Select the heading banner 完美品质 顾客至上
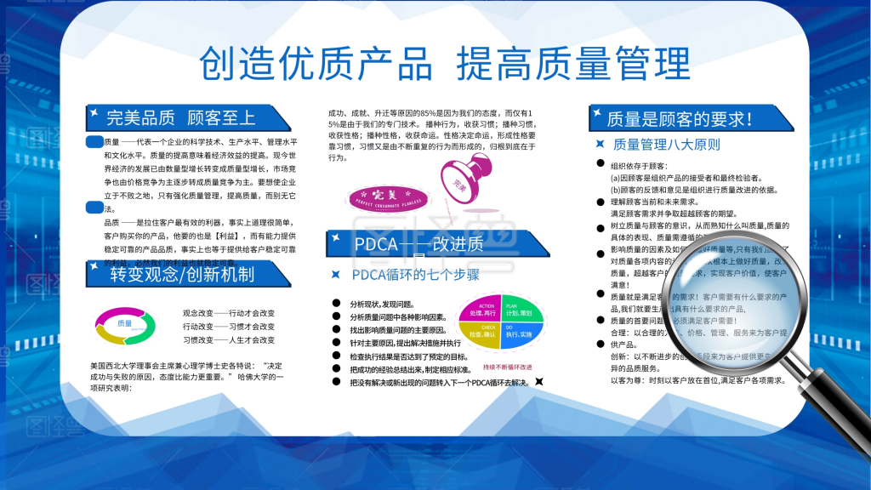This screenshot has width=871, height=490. (181, 117)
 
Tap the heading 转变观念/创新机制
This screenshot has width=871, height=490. (182, 274)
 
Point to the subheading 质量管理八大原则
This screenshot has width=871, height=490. (666, 145)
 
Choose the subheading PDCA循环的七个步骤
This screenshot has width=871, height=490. (416, 275)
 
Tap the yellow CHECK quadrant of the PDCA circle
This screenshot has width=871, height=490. (487, 332)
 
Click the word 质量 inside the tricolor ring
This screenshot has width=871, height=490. (125, 324)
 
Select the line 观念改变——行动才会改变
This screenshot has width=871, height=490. (229, 312)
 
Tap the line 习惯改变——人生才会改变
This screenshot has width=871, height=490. (229, 339)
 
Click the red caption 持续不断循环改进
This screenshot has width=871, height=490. (507, 367)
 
